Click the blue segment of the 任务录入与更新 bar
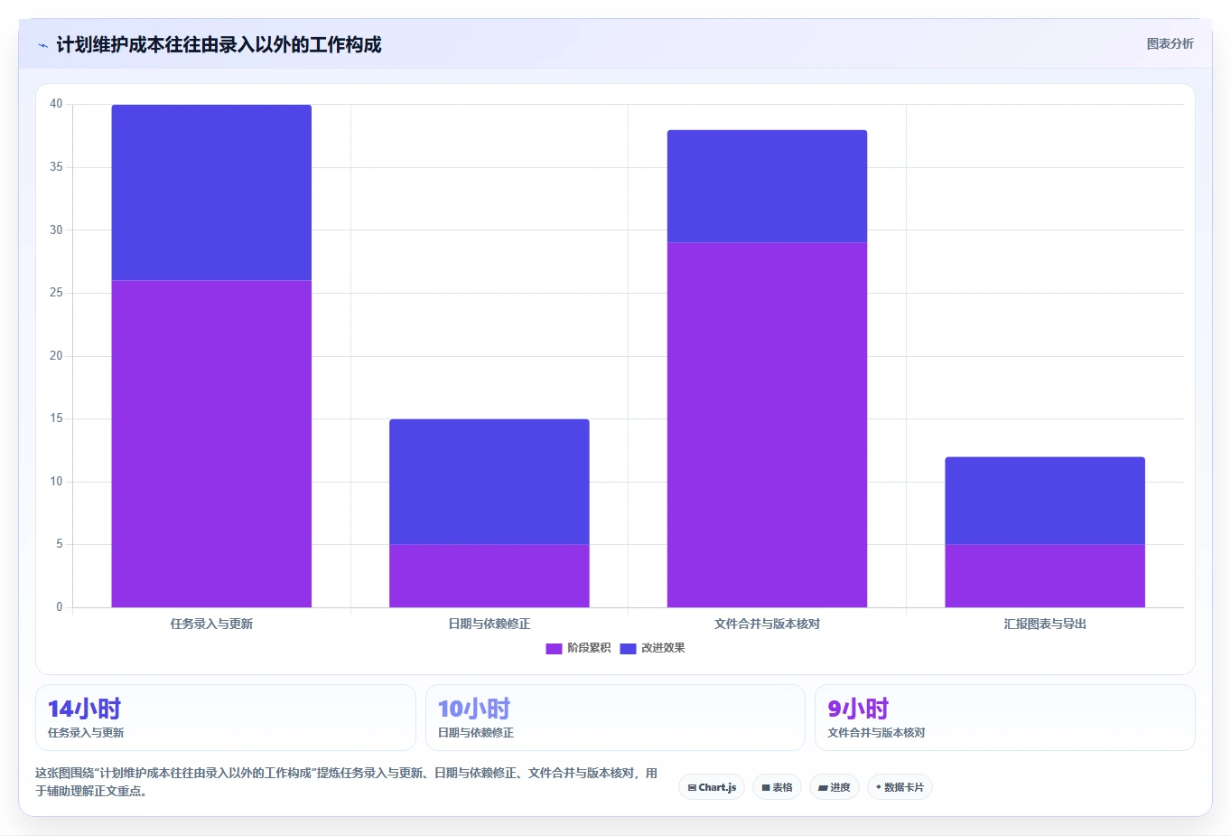211,193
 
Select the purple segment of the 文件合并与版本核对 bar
767,425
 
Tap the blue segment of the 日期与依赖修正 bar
490,482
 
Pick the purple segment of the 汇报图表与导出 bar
1045,576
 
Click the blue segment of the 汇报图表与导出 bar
1045,501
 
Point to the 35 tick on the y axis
56,166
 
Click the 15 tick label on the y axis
56,418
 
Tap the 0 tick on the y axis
60,606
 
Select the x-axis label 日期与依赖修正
490,624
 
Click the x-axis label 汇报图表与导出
1045,624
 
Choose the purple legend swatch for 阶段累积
554,648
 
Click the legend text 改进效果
663,648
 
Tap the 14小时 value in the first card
84,709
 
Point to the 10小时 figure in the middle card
474,709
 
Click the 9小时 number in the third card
858,709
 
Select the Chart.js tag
712,787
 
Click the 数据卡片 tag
900,787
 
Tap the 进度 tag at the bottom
835,787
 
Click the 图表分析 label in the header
1170,44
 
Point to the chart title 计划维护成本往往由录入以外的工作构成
219,44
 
